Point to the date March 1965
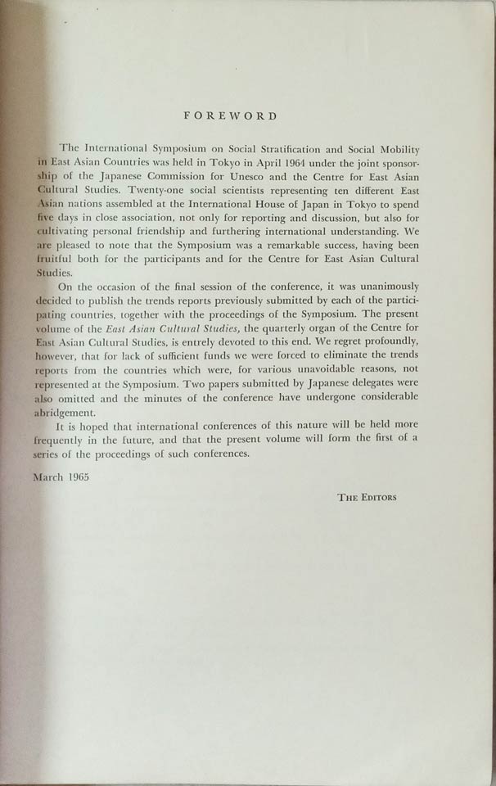tap(84, 475)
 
